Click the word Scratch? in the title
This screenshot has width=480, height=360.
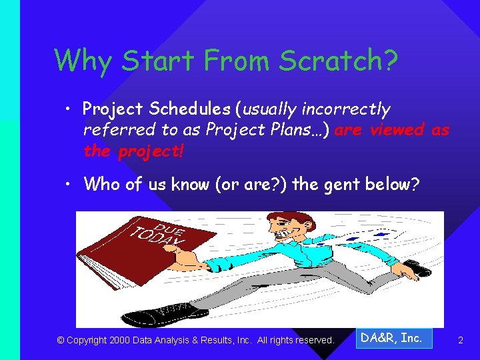click(339, 61)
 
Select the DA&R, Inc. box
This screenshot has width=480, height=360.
click(393, 338)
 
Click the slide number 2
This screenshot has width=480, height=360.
click(460, 341)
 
